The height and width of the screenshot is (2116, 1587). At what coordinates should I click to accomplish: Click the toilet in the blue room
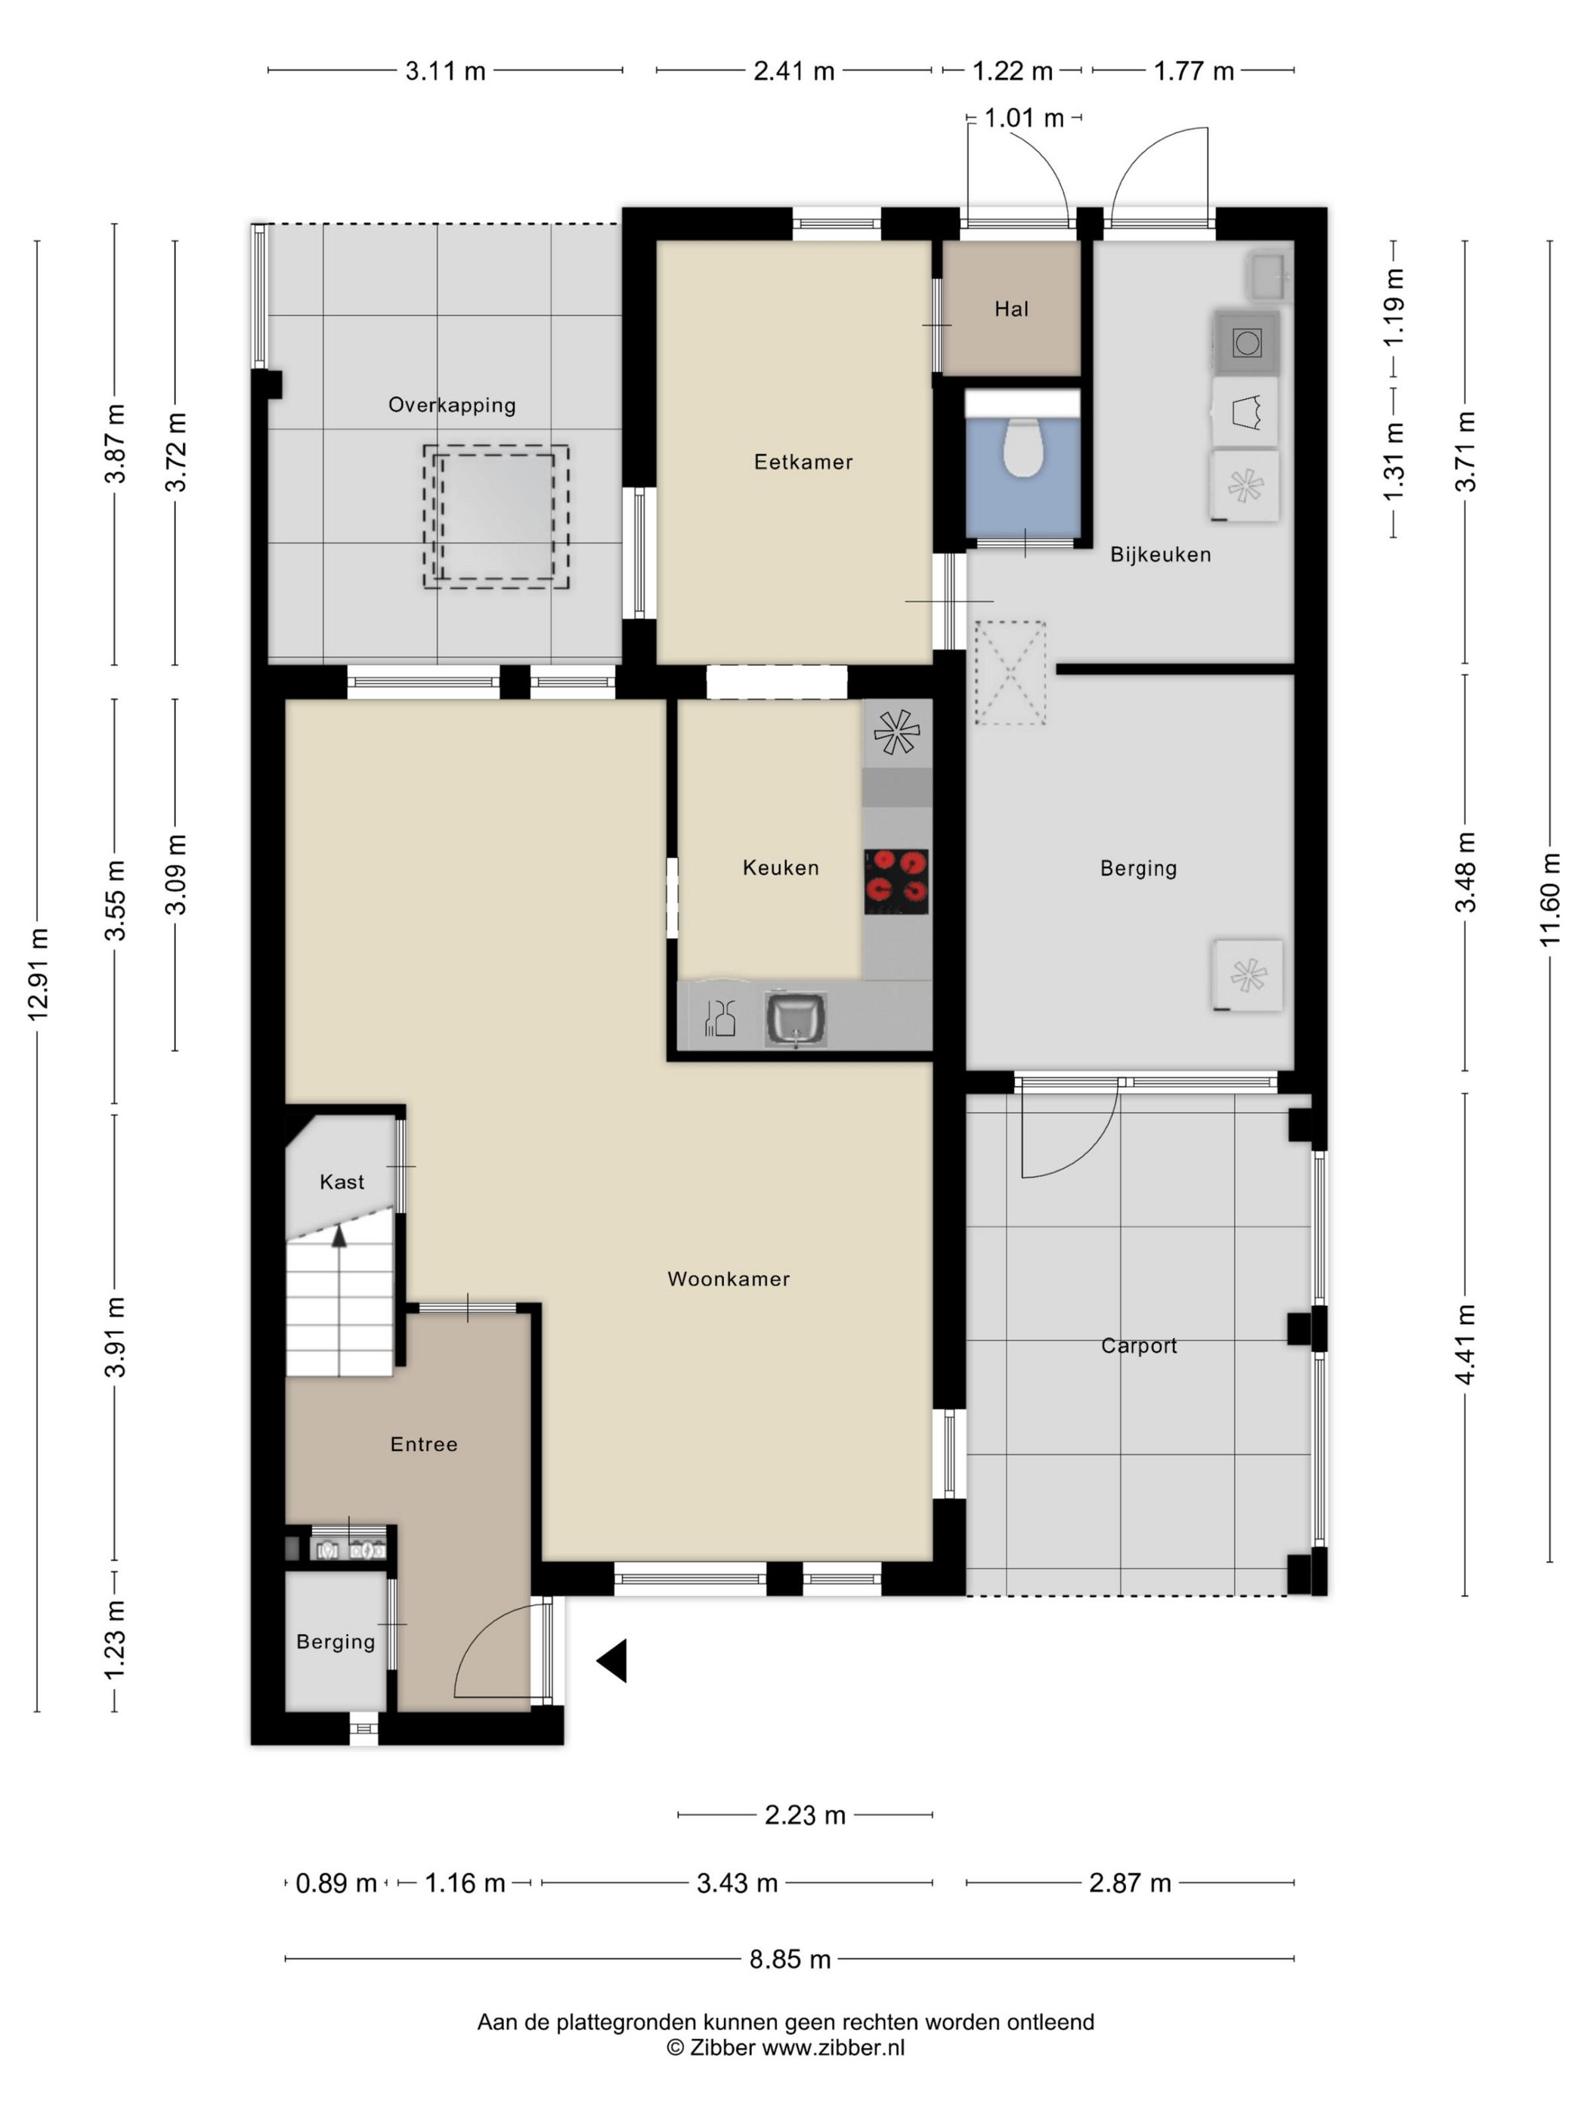[1022, 447]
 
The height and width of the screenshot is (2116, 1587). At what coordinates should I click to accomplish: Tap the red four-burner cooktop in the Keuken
[896, 881]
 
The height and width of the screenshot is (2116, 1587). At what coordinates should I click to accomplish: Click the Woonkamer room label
[728, 1279]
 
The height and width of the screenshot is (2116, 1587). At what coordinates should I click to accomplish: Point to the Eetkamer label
[803, 462]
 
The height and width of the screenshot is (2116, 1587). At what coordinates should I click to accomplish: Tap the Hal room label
[1011, 309]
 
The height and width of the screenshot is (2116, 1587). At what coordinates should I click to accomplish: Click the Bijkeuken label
[1160, 555]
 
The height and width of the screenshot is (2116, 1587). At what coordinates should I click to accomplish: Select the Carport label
[1138, 1346]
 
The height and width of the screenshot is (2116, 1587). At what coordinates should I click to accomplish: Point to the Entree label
[424, 1444]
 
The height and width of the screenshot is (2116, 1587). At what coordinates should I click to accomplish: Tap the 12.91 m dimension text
[39, 974]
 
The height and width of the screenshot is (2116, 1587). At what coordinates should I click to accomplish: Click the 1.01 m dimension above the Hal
[1023, 118]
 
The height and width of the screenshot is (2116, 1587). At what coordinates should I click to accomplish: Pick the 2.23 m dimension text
[805, 1814]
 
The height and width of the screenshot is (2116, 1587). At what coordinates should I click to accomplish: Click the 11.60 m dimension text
[1550, 900]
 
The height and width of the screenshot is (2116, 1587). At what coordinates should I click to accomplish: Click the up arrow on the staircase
[339, 1235]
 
